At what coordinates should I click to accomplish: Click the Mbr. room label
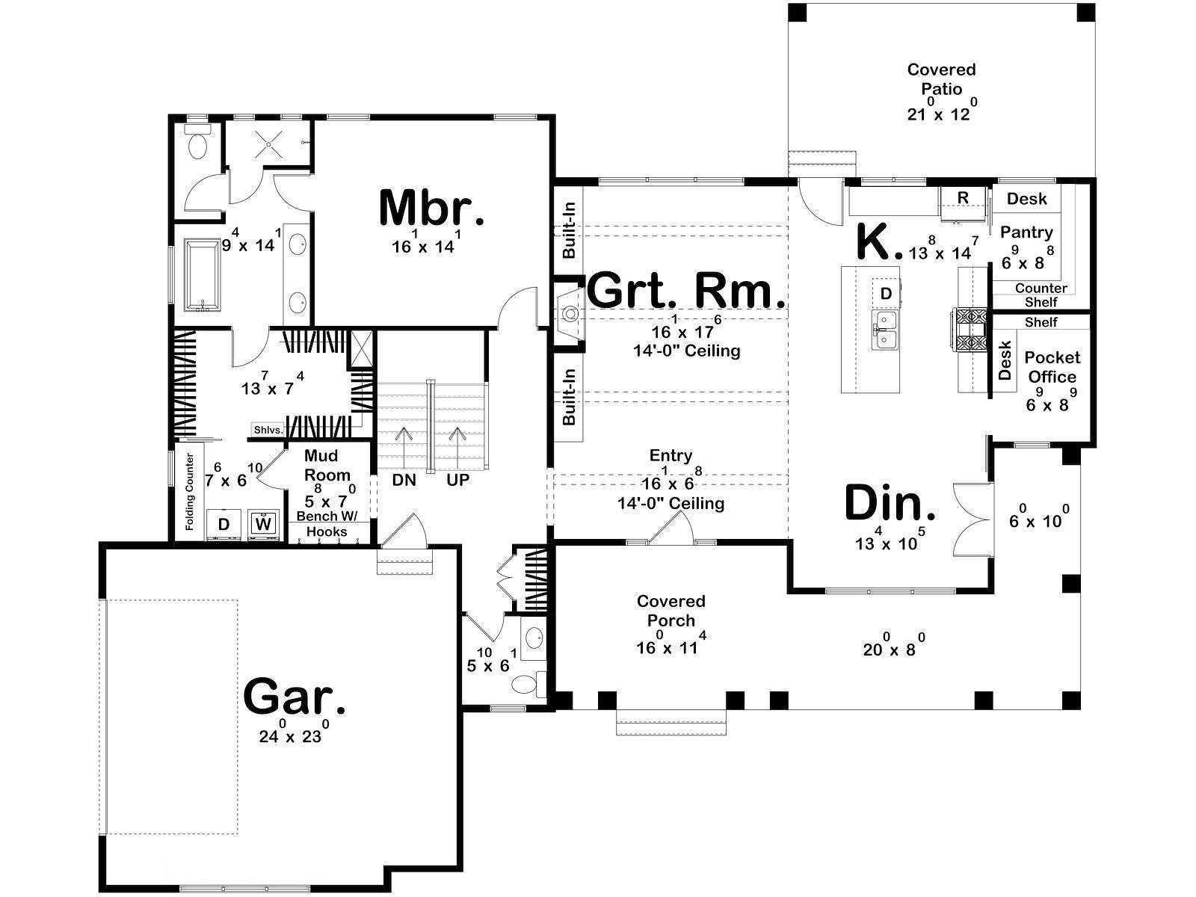coord(431,208)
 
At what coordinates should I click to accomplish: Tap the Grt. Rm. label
coord(687,292)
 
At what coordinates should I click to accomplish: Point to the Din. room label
coord(890,502)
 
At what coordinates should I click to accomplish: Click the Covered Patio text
coord(941,79)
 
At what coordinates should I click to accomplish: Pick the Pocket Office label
coord(1052,367)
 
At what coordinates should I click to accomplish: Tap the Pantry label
coord(1026,233)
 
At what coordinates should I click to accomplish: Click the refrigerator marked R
coord(964,204)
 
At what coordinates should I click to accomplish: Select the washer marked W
coord(264,524)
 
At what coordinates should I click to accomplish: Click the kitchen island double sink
coord(886,330)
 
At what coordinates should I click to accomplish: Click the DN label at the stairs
coord(404,480)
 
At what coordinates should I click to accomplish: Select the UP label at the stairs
coord(457,480)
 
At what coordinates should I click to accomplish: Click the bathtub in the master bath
coord(203,275)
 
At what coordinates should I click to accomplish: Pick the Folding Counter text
coord(190,492)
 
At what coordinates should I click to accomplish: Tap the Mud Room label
coord(327,465)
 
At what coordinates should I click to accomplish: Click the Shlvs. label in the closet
coord(268,430)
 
